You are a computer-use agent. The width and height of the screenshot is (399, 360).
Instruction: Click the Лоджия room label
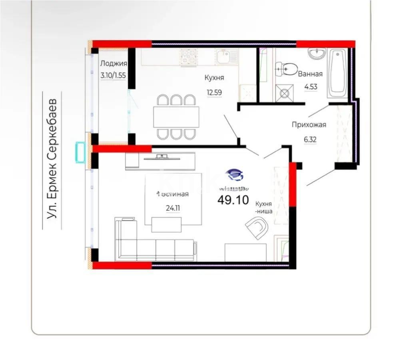114,63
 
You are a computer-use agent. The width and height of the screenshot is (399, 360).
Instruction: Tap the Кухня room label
214,78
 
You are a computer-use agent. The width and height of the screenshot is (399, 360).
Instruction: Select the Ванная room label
310,74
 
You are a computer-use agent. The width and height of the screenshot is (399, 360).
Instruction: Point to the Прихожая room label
309,124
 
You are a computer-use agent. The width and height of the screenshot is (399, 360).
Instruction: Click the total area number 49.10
233,199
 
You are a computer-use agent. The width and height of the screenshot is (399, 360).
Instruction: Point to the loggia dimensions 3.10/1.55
114,75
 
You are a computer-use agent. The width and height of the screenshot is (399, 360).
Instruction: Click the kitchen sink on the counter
227,56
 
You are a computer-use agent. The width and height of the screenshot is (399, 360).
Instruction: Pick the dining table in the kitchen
176,117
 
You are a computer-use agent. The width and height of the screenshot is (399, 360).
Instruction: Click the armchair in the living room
257,228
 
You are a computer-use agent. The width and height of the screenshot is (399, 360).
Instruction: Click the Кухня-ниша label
264,208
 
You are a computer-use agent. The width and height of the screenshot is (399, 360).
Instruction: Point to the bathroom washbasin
317,53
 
